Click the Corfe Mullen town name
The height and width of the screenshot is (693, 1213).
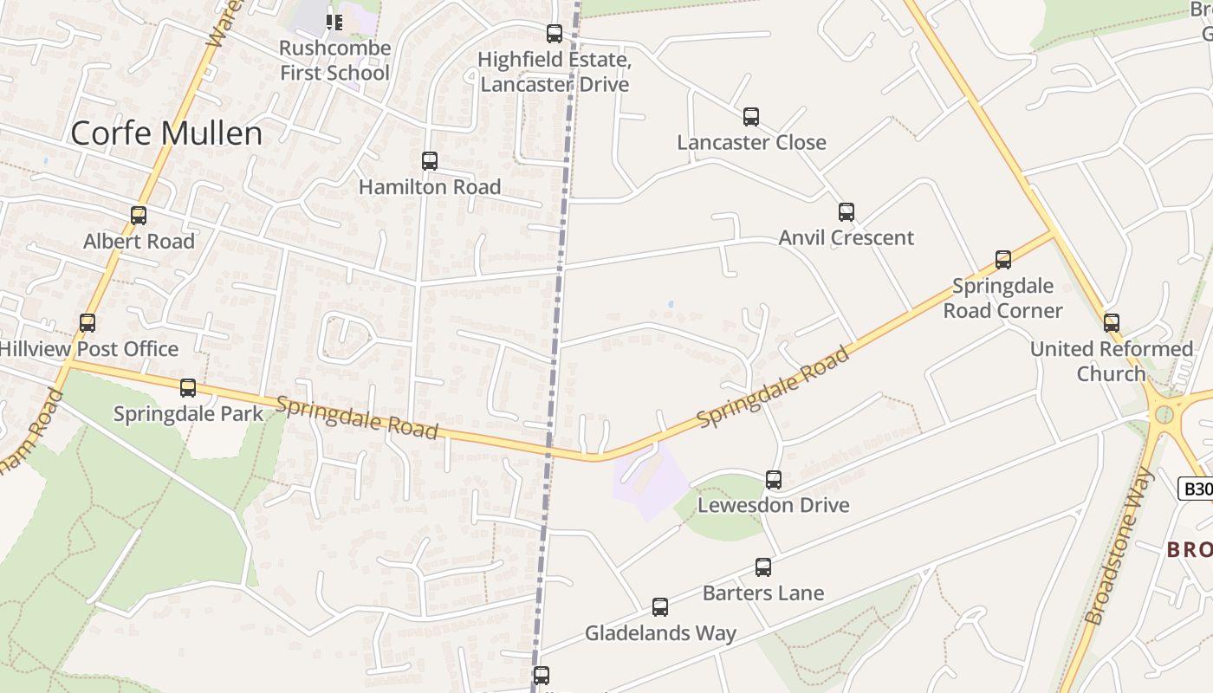coord(166,133)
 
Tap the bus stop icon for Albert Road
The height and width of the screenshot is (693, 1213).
coord(139,215)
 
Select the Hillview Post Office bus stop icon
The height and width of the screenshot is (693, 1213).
coord(88,323)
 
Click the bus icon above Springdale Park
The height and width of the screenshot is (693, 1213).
coord(188,388)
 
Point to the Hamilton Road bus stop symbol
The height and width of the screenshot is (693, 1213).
coord(429,161)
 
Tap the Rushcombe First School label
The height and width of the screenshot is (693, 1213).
coord(334,61)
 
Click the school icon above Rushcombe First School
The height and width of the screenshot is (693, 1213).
coord(334,21)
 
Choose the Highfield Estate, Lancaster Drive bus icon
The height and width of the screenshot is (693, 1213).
coord(555,34)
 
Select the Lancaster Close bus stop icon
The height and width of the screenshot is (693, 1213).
coord(751,117)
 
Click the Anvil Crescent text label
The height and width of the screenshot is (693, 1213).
coord(846,237)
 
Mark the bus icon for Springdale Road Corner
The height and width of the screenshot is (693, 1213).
coord(1003,259)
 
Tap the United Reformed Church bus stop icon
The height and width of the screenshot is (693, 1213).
coord(1112,323)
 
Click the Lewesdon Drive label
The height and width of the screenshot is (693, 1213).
coord(773,505)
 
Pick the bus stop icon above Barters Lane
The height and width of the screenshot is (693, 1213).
coord(763,567)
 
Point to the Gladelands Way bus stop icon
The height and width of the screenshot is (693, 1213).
coord(660,607)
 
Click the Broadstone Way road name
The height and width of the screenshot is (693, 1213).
coord(1120,547)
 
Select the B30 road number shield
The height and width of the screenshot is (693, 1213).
coord(1197,489)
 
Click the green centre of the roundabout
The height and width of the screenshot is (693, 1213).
coord(1164,414)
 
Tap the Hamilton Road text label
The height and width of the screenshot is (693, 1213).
coord(430,187)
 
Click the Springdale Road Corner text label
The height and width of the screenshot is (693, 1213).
coord(1002,298)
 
